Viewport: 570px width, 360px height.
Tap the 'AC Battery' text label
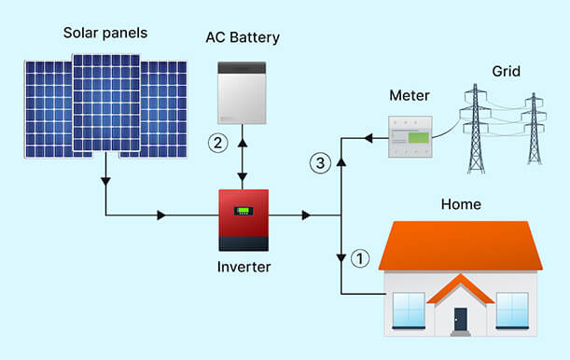(x=243, y=37)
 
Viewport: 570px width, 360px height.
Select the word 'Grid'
(x=506, y=71)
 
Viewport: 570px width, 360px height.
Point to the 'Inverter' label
(x=243, y=268)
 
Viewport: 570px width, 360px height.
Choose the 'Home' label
(x=460, y=204)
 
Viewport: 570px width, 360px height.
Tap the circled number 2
(x=217, y=144)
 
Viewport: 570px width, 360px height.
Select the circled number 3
(x=320, y=164)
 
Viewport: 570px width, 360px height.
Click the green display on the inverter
(x=243, y=210)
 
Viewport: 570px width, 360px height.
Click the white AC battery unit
(x=243, y=92)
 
